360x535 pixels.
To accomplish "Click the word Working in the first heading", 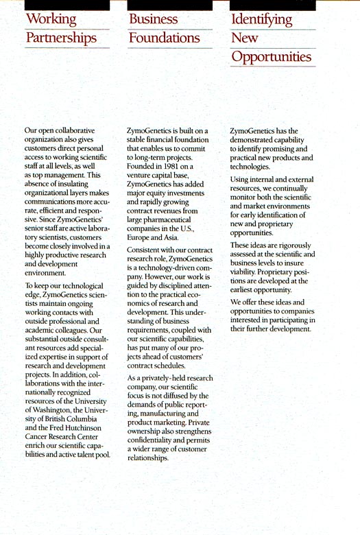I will coord(50,19).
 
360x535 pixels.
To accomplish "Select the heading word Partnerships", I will coord(61,38).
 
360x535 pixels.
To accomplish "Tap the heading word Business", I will coord(153,19).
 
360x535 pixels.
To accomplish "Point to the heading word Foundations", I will coord(165,38).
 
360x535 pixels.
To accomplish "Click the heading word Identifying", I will coord(262,19).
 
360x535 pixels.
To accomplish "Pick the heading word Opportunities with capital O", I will coord(271,56).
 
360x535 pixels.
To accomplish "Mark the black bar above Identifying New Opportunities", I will coord(272,4).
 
